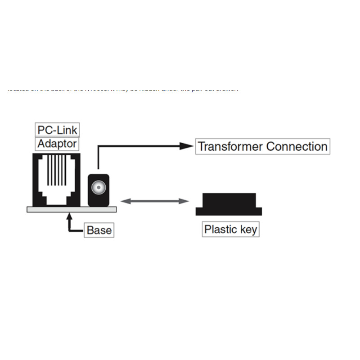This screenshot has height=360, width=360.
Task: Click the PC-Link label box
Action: pyautogui.click(x=57, y=130)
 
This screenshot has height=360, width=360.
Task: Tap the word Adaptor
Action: pyautogui.click(x=57, y=144)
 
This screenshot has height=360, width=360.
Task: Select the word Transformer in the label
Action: pyautogui.click(x=230, y=147)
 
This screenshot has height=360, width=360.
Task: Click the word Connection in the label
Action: pyautogui.click(x=297, y=147)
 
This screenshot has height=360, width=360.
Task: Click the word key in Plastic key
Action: pyautogui.click(x=248, y=229)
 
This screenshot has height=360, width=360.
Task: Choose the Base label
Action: pyautogui.click(x=99, y=230)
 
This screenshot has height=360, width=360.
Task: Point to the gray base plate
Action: pyautogui.click(x=72, y=209)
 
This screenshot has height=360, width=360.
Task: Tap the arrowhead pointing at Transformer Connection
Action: pyautogui.click(x=186, y=146)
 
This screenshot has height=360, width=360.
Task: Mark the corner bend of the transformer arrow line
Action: pyautogui.click(x=98, y=146)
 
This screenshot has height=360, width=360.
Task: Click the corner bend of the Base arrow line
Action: pyautogui.click(x=69, y=230)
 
